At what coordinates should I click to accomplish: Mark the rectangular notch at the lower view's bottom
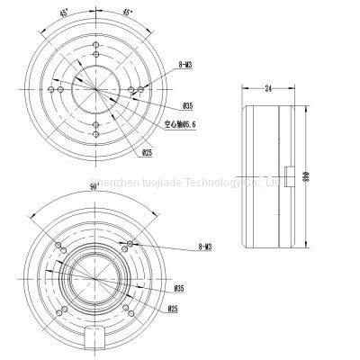tap(95, 341)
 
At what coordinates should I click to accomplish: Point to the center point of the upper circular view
tap(95, 88)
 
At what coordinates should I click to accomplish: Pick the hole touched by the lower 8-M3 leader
tap(131, 246)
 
